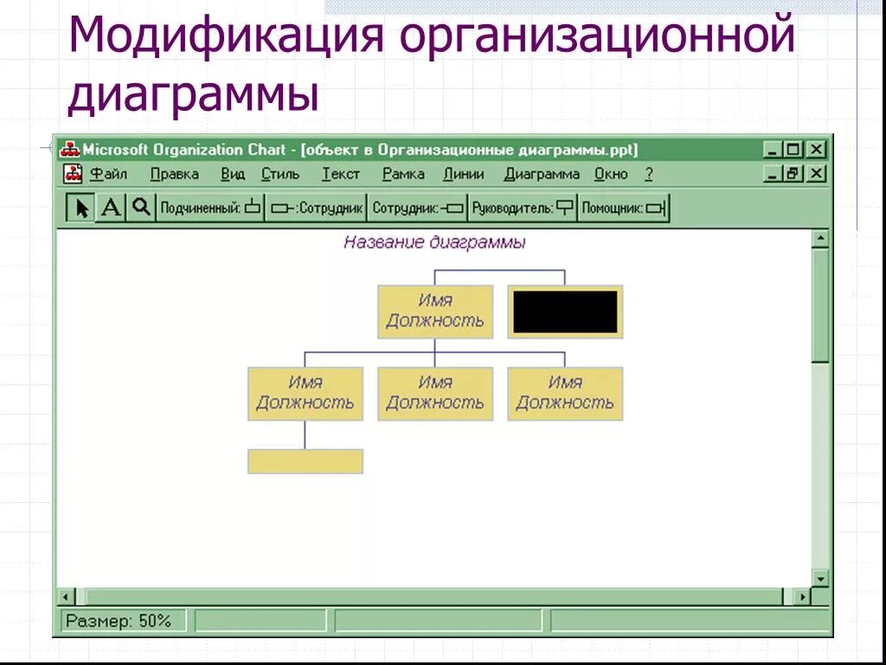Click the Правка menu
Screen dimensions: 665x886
point(174,174)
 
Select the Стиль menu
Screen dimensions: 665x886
point(280,174)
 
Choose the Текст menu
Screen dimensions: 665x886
point(341,174)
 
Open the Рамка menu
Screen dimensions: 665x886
point(403,174)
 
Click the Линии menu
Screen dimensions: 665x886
point(464,174)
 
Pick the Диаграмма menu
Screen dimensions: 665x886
point(542,174)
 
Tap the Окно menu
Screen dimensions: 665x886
point(611,174)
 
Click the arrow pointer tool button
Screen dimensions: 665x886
point(81,208)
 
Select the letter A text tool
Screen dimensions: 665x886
point(111,208)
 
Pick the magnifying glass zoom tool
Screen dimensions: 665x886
point(141,208)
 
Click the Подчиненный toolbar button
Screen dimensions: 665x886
point(209,208)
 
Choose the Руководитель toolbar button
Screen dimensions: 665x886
point(523,208)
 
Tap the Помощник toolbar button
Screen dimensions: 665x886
point(623,208)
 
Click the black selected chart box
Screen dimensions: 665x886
point(565,312)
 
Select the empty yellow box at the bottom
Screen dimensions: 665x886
point(305,462)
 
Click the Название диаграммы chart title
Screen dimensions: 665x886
point(434,242)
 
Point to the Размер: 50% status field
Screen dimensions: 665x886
point(119,621)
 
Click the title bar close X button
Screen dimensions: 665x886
point(816,150)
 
